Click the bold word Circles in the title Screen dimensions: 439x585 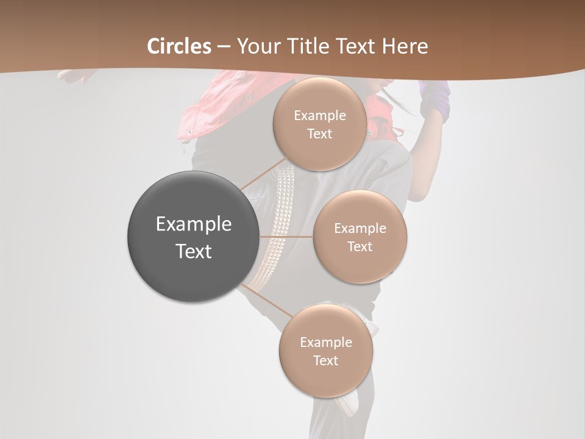(x=179, y=46)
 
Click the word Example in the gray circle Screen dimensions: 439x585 (x=194, y=224)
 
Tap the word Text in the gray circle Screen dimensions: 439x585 (x=194, y=251)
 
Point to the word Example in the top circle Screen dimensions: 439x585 (x=320, y=115)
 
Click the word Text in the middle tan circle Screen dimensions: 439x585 (x=360, y=246)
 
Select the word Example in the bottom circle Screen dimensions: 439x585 (x=326, y=342)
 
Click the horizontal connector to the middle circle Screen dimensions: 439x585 (x=286, y=237)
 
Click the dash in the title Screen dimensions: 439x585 (x=224, y=47)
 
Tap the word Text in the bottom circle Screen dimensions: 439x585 (x=325, y=360)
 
